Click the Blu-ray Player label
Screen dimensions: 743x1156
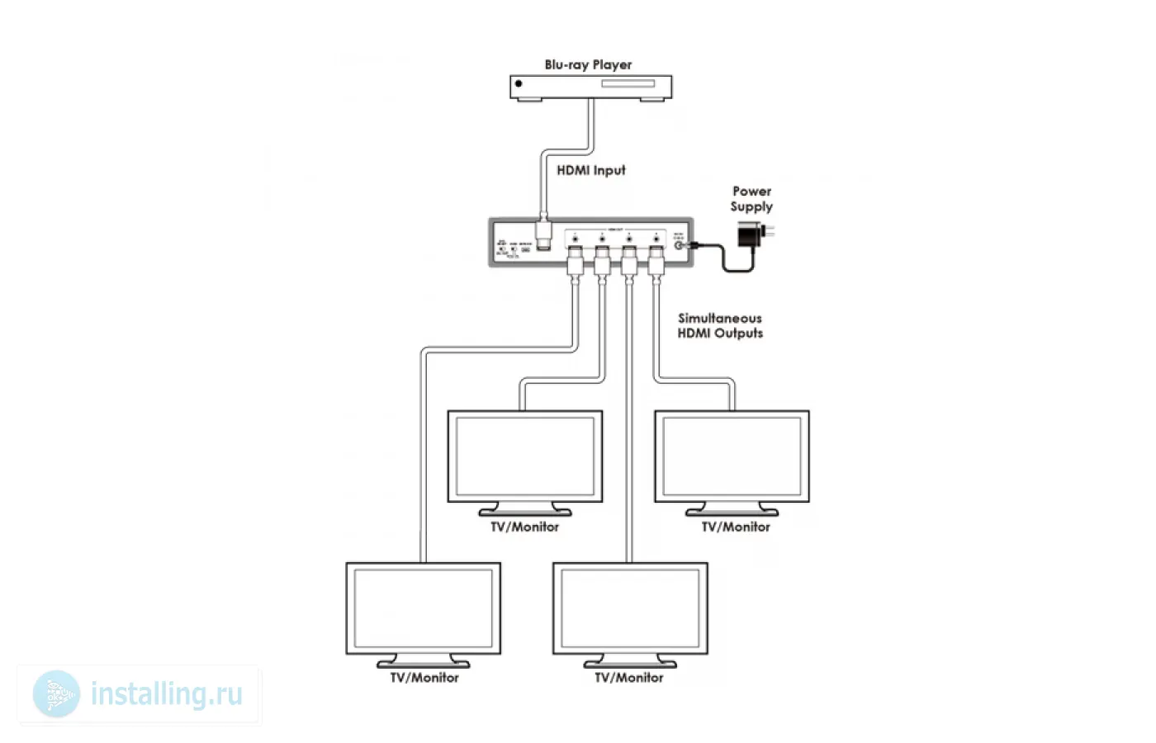point(588,64)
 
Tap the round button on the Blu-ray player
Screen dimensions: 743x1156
point(519,83)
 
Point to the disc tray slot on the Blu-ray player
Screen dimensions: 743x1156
point(627,83)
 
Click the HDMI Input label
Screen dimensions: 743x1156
point(590,170)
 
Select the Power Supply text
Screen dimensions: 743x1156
point(751,199)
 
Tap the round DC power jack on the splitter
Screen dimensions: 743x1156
point(680,244)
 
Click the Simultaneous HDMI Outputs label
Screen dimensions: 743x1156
point(720,325)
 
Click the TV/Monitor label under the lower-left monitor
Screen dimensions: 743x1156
point(424,678)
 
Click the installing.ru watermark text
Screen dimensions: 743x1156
point(167,694)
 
